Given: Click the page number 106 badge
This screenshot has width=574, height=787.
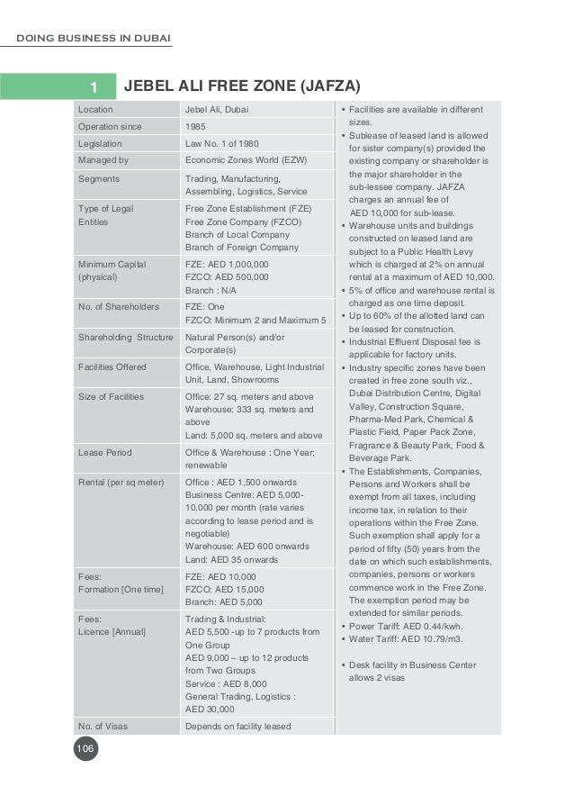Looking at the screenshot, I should pyautogui.click(x=85, y=749).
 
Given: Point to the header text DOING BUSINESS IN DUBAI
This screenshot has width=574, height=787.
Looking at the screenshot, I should pyautogui.click(x=94, y=37).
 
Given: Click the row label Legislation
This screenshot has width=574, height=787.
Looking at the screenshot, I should pyautogui.click(x=100, y=143).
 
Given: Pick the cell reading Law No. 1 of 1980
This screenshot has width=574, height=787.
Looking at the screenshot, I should pyautogui.click(x=221, y=143).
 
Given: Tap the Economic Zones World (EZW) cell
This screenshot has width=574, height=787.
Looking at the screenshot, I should pyautogui.click(x=242, y=160).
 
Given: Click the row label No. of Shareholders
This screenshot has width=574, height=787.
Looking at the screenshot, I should pyautogui.click(x=118, y=307).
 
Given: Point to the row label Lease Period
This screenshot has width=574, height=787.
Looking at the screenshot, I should pyautogui.click(x=105, y=453).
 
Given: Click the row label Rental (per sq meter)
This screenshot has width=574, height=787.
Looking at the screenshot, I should pyautogui.click(x=121, y=482).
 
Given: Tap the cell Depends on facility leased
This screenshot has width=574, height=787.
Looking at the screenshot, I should pyautogui.click(x=238, y=726).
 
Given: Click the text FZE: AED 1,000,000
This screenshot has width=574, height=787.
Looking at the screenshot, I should pyautogui.click(x=227, y=265).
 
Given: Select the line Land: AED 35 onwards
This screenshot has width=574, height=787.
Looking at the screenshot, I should pyautogui.click(x=231, y=559).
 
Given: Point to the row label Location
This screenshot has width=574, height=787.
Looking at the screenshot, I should pyautogui.click(x=96, y=110).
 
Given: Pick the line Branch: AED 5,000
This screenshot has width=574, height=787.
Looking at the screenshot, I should pyautogui.click(x=224, y=602).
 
